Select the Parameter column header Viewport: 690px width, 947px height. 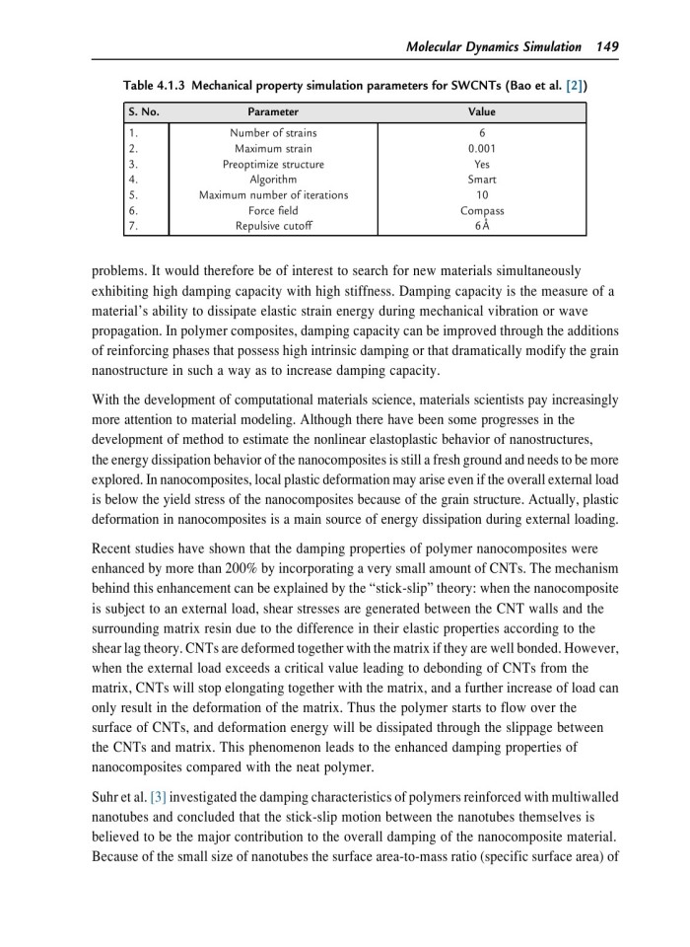(x=273, y=112)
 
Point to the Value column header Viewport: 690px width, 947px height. (x=482, y=112)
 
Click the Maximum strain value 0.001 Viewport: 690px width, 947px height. (x=482, y=148)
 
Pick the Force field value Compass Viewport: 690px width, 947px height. (x=482, y=210)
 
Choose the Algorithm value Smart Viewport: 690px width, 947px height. (x=482, y=180)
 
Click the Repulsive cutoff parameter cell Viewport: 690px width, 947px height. (x=273, y=226)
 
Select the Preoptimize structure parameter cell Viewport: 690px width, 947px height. (x=273, y=164)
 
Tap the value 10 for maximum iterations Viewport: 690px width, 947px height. (x=482, y=194)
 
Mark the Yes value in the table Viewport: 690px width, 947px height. (x=482, y=164)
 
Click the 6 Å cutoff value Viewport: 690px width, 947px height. (x=482, y=226)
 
